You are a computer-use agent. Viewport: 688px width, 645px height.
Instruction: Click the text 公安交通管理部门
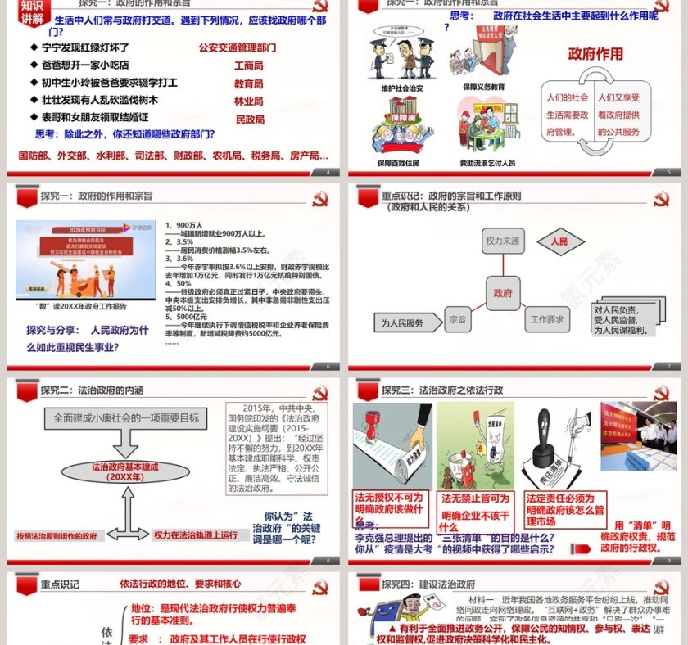(x=238, y=47)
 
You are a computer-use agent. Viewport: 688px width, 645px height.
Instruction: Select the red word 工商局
(x=249, y=65)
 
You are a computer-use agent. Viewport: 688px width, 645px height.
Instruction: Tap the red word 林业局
(x=249, y=101)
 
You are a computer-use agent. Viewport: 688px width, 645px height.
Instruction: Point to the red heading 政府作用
(x=595, y=54)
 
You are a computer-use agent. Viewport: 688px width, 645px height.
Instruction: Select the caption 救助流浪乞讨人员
(x=487, y=163)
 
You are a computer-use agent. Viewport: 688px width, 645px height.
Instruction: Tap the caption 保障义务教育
(x=483, y=87)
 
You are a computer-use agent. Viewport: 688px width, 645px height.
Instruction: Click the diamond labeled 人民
(x=559, y=241)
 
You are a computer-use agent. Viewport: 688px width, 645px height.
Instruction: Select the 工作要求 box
(x=547, y=319)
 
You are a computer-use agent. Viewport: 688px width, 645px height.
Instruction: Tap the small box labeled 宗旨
(x=456, y=319)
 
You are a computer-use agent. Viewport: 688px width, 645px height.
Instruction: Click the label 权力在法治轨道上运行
(x=196, y=535)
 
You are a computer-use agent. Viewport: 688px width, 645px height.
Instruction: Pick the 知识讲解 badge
(x=22, y=12)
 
